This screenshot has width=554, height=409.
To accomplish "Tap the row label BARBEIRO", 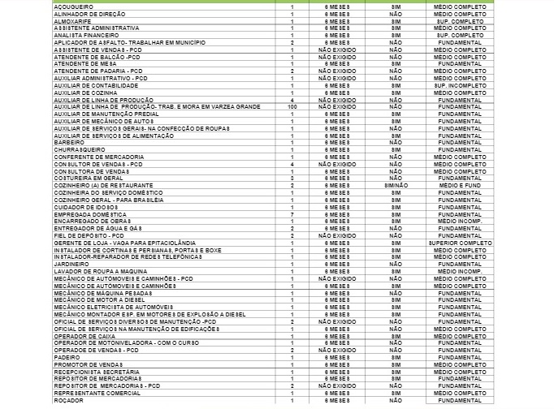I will click(67, 142).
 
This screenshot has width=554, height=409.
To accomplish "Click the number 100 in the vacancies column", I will click(292, 106).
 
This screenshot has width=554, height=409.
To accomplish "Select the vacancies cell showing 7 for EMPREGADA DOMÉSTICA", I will click(292, 213).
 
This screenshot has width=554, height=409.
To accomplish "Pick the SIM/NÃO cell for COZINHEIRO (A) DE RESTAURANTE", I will click(396, 185).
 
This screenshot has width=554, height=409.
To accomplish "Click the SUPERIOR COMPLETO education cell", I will click(460, 242).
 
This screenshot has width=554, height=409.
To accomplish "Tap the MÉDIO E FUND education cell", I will click(460, 185).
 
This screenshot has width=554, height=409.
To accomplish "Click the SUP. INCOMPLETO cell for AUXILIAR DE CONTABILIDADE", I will click(460, 85).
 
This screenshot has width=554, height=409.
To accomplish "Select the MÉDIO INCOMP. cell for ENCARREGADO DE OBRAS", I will click(460, 221).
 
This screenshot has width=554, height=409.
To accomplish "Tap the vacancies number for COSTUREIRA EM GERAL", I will click(292, 178).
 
